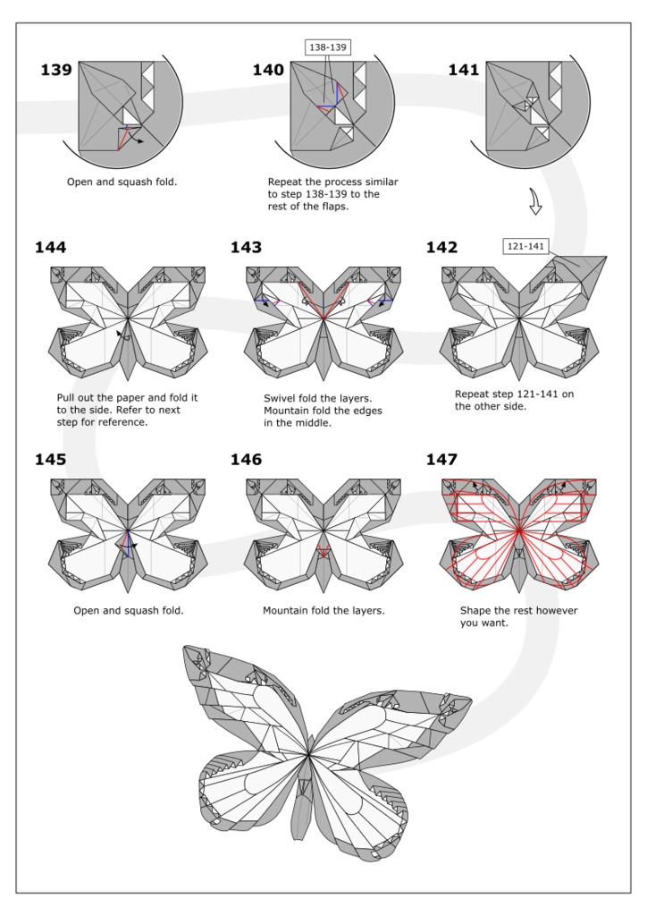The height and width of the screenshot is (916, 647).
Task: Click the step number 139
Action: pos(56,71)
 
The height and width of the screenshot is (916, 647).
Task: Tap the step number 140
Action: pos(268,71)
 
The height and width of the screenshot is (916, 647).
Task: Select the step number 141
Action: pos(464,71)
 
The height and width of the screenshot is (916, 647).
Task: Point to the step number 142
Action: pos(442,248)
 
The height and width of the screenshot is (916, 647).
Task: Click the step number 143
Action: pos(247,248)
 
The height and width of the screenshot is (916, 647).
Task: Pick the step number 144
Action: pos(51,248)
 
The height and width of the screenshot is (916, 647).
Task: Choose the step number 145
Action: pos(51,460)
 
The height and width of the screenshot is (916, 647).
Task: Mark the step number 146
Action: pos(247,460)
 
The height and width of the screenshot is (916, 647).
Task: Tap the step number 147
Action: pos(442,460)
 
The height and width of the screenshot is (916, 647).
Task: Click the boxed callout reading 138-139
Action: pos(328,47)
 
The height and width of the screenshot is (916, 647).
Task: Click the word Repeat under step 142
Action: pos(474,393)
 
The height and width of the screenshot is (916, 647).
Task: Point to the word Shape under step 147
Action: pos(477,610)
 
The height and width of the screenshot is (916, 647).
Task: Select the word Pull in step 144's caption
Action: pos(66,397)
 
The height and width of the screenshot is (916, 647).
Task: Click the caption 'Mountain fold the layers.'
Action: pos(323,610)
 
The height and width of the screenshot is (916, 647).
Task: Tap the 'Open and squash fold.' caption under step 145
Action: pos(129,610)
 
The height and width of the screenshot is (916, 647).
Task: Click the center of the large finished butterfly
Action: pos(308,757)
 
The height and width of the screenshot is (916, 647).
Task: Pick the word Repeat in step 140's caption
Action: pos(286,182)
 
